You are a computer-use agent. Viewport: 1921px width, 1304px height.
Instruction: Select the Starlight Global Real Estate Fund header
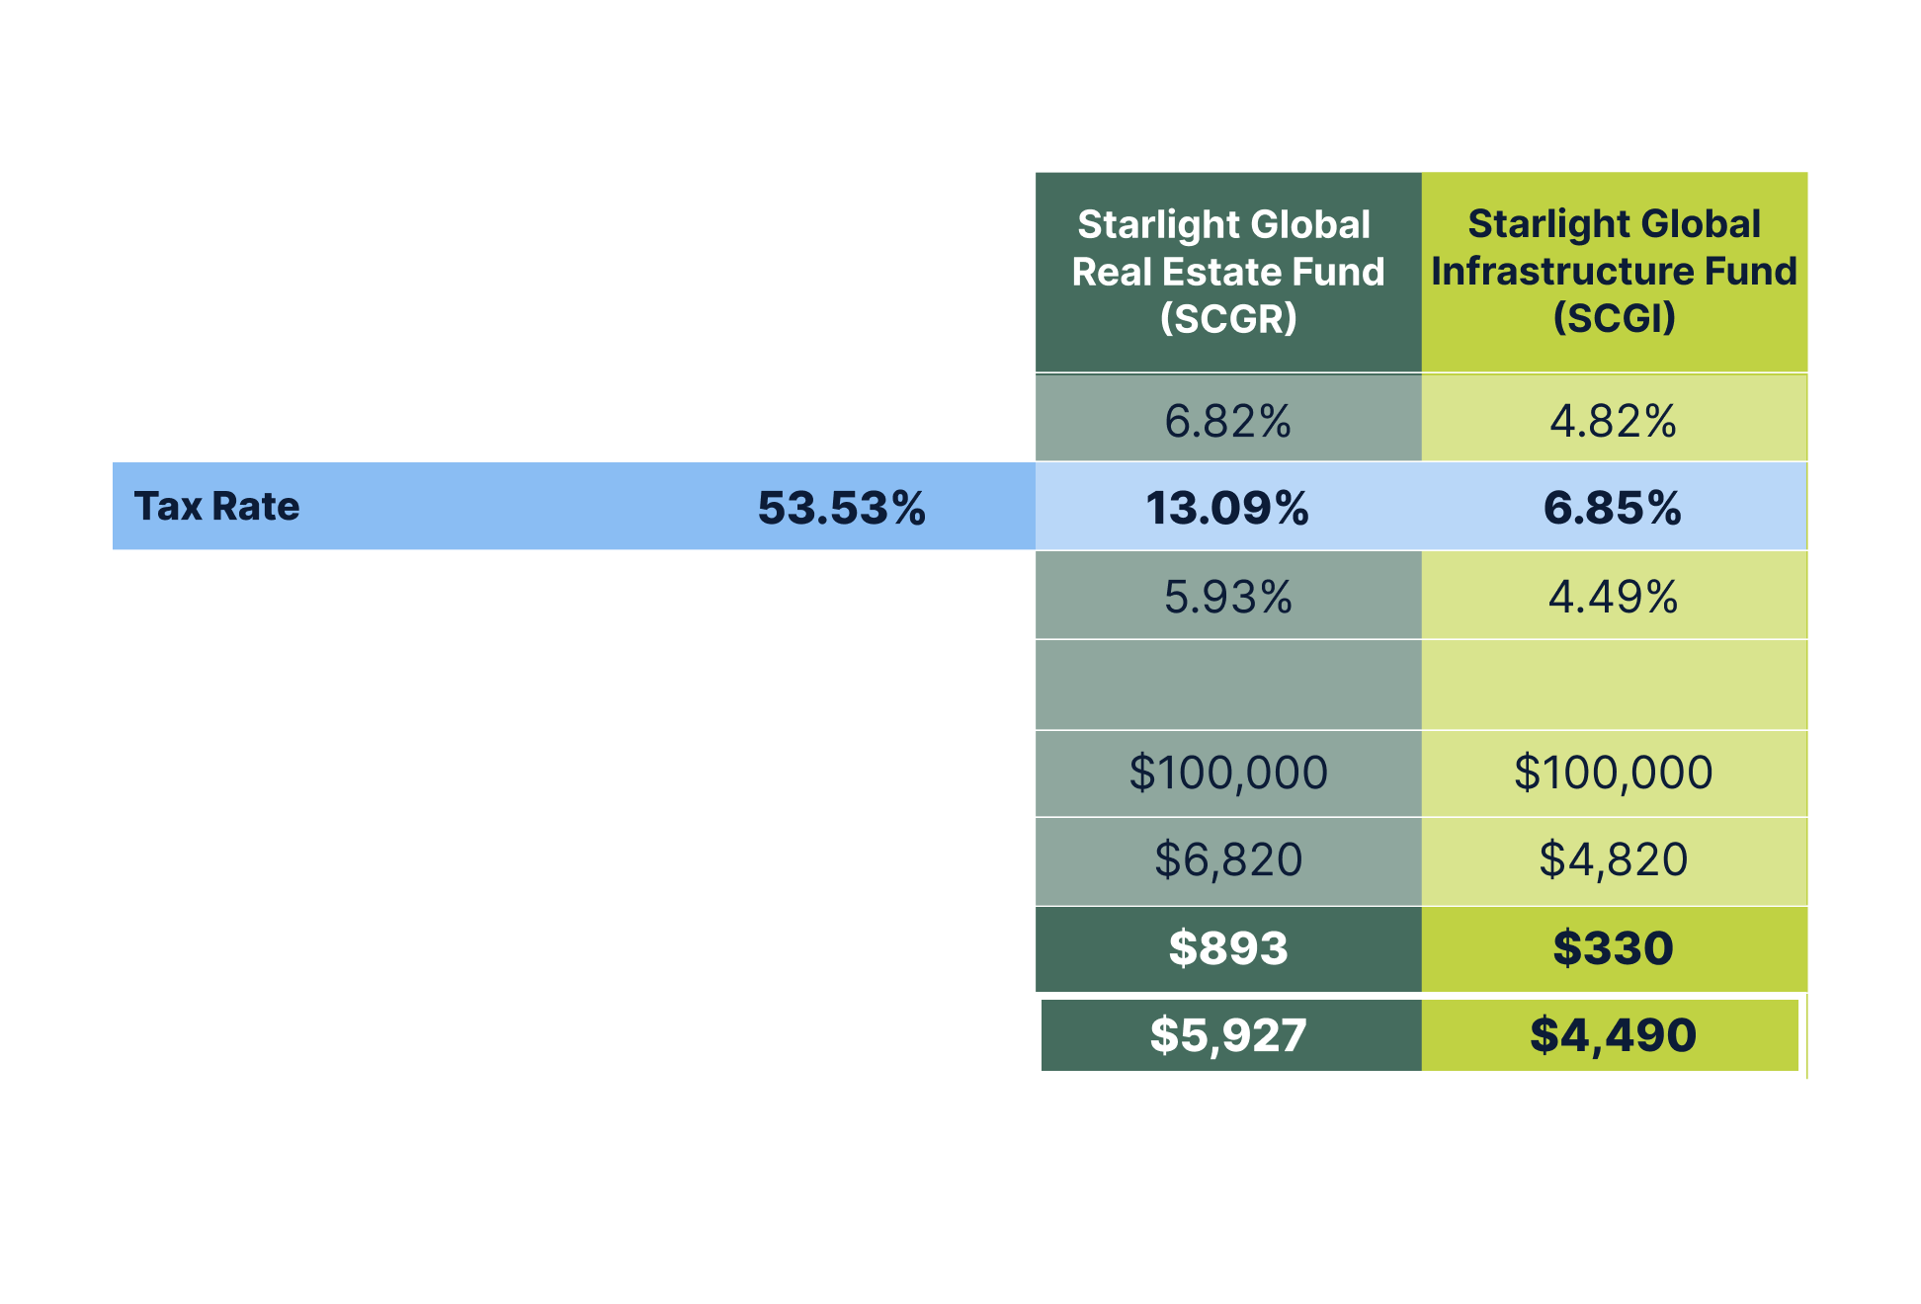coord(1227,272)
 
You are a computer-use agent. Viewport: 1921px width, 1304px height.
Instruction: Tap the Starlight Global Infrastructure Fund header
coord(1614,272)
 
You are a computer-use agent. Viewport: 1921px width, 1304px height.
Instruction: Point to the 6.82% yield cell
coord(1227,421)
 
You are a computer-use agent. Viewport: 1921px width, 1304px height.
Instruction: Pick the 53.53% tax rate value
coord(842,508)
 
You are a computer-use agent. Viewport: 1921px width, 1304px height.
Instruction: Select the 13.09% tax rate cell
coord(1227,508)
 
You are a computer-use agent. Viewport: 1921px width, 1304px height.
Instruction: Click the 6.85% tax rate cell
coord(1613,508)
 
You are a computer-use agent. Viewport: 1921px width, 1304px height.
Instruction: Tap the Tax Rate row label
coord(216,507)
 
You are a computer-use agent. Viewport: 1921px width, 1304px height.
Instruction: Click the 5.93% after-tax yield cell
coord(1227,597)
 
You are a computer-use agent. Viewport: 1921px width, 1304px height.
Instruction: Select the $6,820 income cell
coord(1227,859)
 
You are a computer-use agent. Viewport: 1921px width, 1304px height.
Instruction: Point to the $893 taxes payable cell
coord(1227,948)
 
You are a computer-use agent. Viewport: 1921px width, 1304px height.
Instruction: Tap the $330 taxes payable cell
coord(1613,948)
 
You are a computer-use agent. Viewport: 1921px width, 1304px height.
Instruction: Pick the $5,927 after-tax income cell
coord(1227,1035)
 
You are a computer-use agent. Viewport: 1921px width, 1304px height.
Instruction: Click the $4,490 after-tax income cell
coord(1613,1035)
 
